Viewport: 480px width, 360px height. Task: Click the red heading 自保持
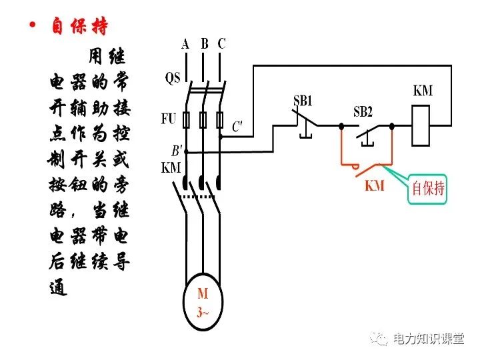point(79,27)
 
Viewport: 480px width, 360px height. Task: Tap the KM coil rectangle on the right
point(423,123)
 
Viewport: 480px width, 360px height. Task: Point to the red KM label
point(375,187)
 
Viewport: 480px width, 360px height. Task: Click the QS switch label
point(173,78)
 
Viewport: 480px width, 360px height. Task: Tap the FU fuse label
point(169,119)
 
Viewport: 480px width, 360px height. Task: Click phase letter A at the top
point(185,44)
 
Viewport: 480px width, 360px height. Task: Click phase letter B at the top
point(205,44)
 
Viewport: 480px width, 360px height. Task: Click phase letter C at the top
point(222,44)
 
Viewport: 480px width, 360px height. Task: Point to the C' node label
point(237,126)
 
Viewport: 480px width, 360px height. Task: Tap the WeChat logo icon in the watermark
point(380,339)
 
